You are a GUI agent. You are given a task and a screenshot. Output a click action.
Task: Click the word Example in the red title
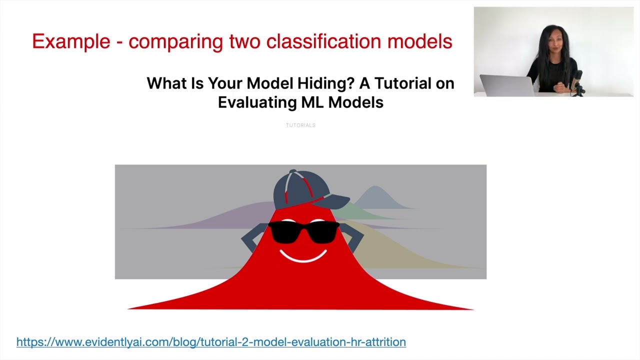click(x=71, y=41)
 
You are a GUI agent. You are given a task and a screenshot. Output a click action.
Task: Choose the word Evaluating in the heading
click(x=257, y=102)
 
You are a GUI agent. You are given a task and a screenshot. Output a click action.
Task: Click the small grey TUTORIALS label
click(x=300, y=125)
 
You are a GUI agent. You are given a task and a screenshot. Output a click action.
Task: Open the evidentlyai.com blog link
click(x=211, y=342)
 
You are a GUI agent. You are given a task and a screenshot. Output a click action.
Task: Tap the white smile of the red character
click(x=303, y=256)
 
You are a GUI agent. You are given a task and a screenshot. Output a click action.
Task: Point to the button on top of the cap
click(x=293, y=171)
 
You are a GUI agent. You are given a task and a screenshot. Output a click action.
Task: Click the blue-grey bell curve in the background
click(x=376, y=197)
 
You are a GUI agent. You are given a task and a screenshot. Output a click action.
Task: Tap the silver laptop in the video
click(x=505, y=85)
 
